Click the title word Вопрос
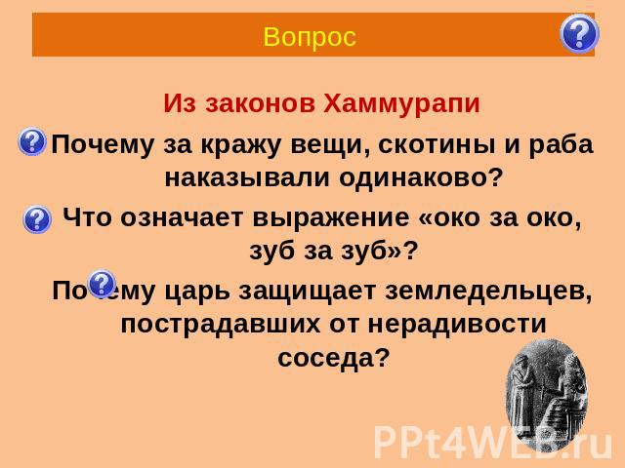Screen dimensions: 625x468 click(x=310, y=37)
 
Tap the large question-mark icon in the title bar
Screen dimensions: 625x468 click(x=579, y=33)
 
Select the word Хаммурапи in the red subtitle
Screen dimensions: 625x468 click(x=401, y=104)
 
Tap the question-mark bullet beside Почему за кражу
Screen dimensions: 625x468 click(x=32, y=141)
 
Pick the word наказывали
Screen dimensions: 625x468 click(x=247, y=177)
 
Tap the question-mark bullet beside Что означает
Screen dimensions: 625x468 click(x=37, y=219)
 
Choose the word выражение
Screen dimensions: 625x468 click(x=331, y=218)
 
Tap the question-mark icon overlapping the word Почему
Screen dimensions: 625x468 click(x=102, y=284)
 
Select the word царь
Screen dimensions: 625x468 click(x=197, y=292)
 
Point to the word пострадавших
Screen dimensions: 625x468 click(x=220, y=325)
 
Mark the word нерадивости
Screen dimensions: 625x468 click(x=457, y=324)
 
